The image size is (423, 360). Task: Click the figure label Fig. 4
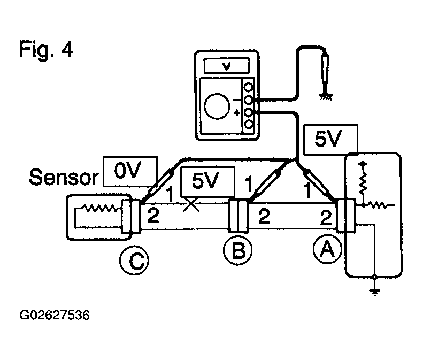pyautogui.click(x=46, y=49)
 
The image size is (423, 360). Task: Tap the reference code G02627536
pyautogui.click(x=55, y=315)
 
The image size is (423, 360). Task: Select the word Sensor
pyautogui.click(x=64, y=177)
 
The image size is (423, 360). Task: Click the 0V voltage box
pyautogui.click(x=130, y=171)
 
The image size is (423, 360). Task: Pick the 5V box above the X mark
pyautogui.click(x=207, y=182)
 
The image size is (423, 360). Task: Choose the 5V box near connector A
pyautogui.click(x=330, y=140)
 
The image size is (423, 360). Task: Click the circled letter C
pyautogui.click(x=134, y=261)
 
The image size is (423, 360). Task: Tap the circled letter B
pyautogui.click(x=238, y=250)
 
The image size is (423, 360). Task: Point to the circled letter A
pyautogui.click(x=327, y=249)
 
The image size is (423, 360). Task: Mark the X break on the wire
pyautogui.click(x=191, y=205)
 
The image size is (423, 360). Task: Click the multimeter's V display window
pyautogui.click(x=227, y=65)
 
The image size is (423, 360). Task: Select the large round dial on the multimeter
pyautogui.click(x=217, y=106)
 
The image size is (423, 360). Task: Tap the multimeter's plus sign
pyautogui.click(x=236, y=112)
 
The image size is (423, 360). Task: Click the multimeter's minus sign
pyautogui.click(x=236, y=100)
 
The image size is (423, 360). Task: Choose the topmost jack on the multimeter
pyautogui.click(x=249, y=87)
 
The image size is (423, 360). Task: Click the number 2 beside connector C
pyautogui.click(x=153, y=216)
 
